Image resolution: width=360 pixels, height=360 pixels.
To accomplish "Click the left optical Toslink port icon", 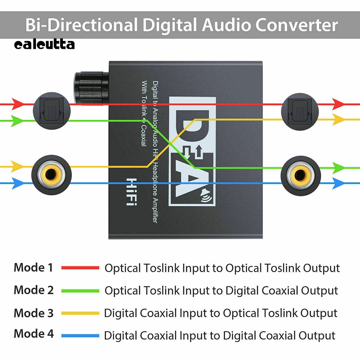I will [x=51, y=109].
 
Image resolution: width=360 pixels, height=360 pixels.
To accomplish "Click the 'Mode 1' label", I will [x=33, y=268].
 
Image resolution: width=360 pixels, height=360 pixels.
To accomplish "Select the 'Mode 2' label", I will [x=33, y=290].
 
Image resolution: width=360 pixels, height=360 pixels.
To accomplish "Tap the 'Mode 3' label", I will [x=33, y=313].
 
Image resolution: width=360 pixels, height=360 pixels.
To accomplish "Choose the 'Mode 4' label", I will [x=33, y=334].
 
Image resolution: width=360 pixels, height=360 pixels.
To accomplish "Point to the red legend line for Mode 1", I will [x=80, y=268].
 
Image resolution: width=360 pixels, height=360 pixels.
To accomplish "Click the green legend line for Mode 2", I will [x=80, y=291].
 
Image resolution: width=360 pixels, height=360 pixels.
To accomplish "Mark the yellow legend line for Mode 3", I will [x=80, y=313].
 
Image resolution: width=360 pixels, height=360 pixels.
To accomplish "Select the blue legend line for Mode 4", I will [x=80, y=336].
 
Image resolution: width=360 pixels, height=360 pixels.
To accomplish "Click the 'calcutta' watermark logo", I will [x=45, y=45].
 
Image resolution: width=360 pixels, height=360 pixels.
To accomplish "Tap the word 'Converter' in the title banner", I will [x=296, y=25].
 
